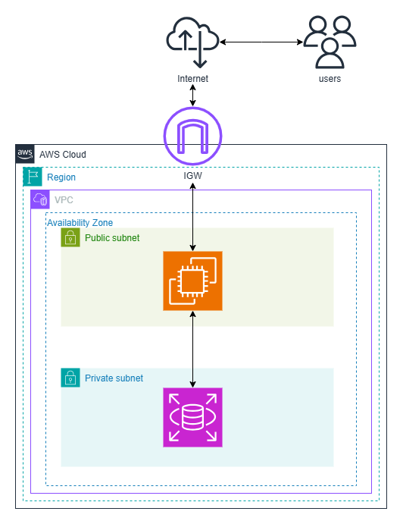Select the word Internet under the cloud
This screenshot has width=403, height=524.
point(192,79)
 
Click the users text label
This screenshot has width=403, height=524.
point(330,79)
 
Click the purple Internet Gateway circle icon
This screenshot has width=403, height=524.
point(192,136)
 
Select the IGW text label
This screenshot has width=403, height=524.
point(192,177)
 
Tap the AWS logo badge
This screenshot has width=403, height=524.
point(25,154)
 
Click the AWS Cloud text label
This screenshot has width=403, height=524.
point(63,155)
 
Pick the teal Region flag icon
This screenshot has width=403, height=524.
point(33,177)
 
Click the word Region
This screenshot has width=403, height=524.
point(61,177)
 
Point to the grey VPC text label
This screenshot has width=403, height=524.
point(64,200)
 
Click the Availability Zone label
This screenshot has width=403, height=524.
point(80,222)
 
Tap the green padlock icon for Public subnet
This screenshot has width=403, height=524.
point(70,238)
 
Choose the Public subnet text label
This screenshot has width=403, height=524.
point(112,238)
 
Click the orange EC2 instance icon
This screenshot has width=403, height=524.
point(192,281)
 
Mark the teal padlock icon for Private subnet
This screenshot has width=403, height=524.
point(70,378)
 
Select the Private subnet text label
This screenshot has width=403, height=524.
point(114,378)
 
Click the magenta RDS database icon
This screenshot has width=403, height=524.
point(192,417)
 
